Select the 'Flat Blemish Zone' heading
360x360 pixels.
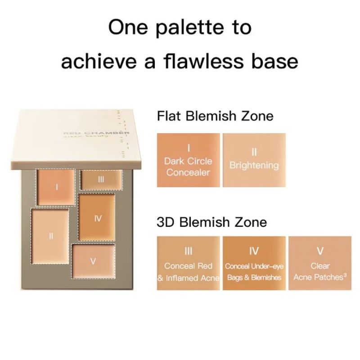[215, 116]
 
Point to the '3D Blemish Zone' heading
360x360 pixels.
[211, 222]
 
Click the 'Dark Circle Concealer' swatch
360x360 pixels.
[188, 160]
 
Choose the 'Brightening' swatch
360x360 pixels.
[254, 160]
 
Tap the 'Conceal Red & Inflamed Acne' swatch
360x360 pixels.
[188, 263]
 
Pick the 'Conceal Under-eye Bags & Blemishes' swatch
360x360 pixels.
[254, 263]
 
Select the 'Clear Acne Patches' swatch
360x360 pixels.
[320, 263]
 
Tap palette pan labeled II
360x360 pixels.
[50, 237]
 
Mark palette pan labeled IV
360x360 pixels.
[97, 217]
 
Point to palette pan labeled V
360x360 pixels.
[93, 261]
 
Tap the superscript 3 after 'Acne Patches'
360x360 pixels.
[345, 275]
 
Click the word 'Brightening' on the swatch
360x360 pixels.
[254, 165]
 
